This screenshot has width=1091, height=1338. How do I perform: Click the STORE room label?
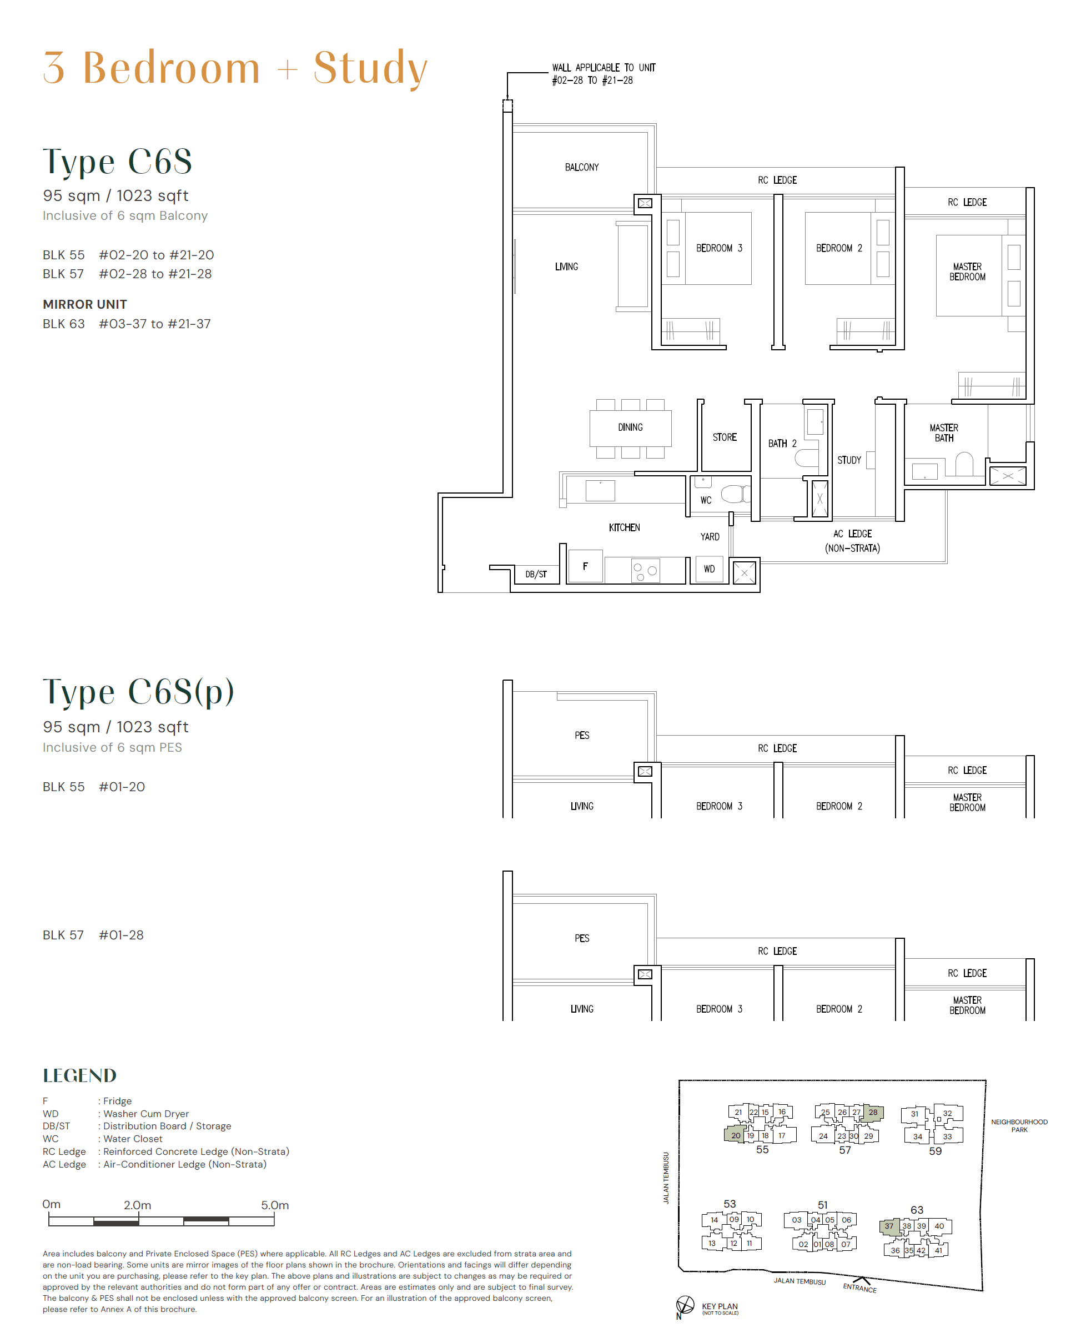point(724,437)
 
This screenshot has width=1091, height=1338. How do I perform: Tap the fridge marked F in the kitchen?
point(585,566)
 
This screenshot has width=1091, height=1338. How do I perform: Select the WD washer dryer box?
point(709,569)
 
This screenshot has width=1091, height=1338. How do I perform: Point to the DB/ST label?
point(535,574)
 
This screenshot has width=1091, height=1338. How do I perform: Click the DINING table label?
point(630,427)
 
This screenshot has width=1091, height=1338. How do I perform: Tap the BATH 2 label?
point(782,443)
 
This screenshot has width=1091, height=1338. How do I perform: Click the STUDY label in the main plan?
point(848,460)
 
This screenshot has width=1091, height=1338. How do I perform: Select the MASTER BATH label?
point(943,432)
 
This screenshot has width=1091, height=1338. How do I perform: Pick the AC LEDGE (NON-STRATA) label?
point(852,541)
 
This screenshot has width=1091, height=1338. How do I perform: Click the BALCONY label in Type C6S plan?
point(581,167)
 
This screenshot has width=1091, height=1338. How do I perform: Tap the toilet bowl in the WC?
point(733,494)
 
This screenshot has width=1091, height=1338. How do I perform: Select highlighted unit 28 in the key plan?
point(873,1111)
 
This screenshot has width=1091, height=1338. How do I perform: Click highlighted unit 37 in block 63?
point(889,1225)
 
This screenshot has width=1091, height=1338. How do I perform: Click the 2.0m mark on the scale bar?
point(138,1205)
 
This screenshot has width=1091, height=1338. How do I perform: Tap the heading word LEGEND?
point(80,1075)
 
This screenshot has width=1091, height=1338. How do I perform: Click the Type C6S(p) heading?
point(138,691)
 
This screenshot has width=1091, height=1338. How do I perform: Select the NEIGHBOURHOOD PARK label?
point(1019,1125)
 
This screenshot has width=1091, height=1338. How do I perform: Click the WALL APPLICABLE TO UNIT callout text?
point(603,73)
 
